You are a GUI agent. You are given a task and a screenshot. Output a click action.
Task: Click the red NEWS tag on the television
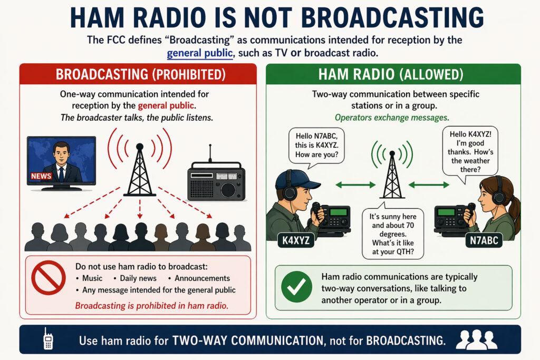point(41,176)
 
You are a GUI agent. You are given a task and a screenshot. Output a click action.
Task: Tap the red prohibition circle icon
point(49,278)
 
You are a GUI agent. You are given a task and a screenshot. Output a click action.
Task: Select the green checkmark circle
point(296,287)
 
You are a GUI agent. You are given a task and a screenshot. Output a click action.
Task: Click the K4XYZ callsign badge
point(296,240)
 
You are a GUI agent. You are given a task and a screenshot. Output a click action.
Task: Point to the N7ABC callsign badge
point(484,240)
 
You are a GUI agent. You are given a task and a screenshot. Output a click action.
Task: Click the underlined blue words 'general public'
point(200,53)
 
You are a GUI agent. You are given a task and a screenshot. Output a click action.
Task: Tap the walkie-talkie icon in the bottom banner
point(48,339)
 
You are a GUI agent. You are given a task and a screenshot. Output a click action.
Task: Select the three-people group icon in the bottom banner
point(477,339)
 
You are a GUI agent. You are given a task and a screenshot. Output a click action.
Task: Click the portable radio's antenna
point(210,153)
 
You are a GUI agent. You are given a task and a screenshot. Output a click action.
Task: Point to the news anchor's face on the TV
point(61,154)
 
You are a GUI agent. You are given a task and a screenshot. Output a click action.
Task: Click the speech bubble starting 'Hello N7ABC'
point(316,147)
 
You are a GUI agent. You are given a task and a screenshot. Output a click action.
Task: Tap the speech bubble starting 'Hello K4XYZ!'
point(470,153)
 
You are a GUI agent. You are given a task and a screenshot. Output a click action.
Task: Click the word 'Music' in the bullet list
point(92,278)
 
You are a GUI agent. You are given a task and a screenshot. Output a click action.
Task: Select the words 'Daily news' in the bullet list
point(138,278)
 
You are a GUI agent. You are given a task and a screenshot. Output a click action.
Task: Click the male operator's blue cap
point(296,180)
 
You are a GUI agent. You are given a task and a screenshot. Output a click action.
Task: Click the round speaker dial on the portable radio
point(228,190)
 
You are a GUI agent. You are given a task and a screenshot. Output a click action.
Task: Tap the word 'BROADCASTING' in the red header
point(102,74)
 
